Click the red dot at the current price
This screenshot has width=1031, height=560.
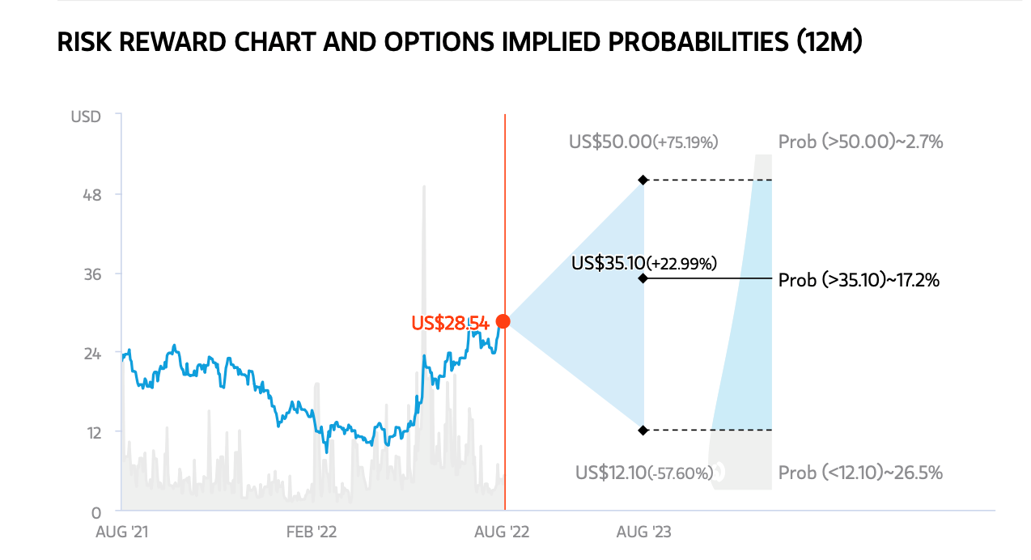pos(503,321)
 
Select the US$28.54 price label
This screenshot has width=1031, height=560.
pos(450,323)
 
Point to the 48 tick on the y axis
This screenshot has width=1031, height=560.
pos(92,195)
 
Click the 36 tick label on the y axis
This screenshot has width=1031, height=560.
pos(92,274)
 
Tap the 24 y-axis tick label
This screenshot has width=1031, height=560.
pos(92,354)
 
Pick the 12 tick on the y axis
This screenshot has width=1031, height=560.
pos(94,433)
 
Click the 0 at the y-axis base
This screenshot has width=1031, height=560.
pos(96,512)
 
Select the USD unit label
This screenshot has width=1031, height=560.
pos(86,117)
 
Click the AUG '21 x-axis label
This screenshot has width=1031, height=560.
pos(122,532)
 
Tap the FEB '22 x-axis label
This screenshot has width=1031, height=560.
pos(312,532)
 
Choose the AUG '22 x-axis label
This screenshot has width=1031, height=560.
pos(502,532)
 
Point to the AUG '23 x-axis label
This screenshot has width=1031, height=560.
pos(643,532)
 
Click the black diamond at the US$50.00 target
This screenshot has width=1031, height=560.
pos(643,180)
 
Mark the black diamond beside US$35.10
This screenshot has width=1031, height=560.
pos(643,278)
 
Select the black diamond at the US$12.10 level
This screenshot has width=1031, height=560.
pos(643,431)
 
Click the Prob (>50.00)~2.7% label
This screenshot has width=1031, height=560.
pos(860,142)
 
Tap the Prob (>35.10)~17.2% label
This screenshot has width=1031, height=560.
pos(859,280)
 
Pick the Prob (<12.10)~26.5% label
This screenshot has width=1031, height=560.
pos(860,473)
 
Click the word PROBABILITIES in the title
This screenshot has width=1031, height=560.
pos(698,42)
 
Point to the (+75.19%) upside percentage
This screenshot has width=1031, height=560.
pos(685,142)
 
